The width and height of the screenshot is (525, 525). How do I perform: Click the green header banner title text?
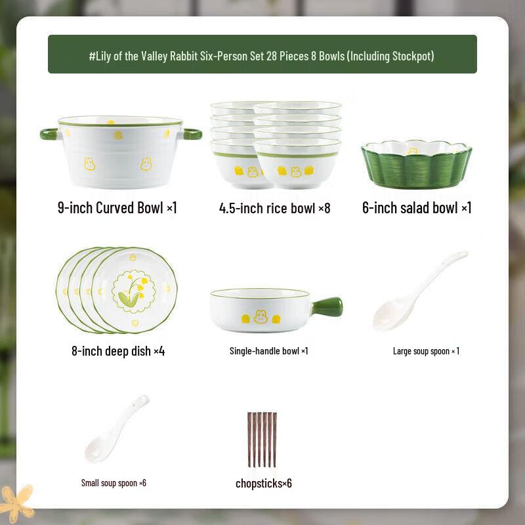[262, 56]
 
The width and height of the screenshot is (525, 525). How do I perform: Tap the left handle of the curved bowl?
[49, 134]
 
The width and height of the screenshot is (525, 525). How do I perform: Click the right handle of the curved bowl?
[192, 134]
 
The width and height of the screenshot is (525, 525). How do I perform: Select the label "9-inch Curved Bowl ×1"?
[117, 209]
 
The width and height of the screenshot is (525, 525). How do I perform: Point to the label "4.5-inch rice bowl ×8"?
[274, 209]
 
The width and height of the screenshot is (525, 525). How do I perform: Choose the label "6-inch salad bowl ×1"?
[417, 209]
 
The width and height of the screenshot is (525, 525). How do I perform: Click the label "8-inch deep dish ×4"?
[118, 351]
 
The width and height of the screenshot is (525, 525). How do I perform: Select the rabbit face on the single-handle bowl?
[261, 316]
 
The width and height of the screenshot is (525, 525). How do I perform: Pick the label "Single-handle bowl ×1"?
[268, 351]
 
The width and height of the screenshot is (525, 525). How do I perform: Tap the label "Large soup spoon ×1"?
[426, 351]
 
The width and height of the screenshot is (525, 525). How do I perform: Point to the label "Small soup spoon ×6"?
[114, 483]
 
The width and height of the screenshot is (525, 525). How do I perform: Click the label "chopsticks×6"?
[264, 484]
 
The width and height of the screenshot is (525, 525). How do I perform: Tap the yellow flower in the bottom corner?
[16, 502]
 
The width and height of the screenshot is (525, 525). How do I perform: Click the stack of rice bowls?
[276, 144]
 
